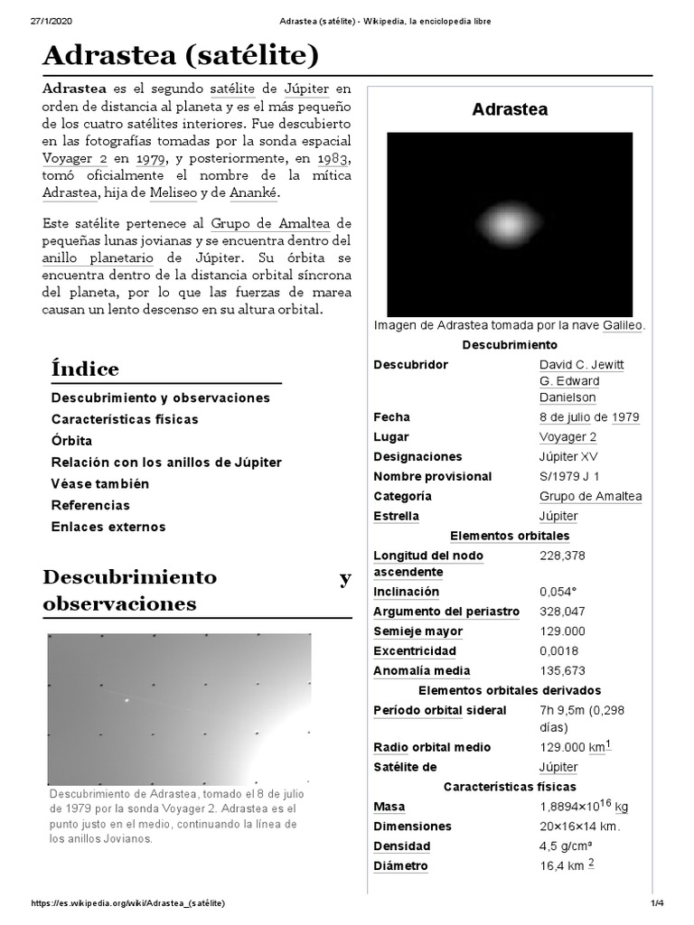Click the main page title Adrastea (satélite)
click(x=181, y=57)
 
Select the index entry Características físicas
click(x=125, y=419)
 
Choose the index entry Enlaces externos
click(x=108, y=527)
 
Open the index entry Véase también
click(x=100, y=483)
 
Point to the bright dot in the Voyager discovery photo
click(x=127, y=699)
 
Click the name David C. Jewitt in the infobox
click(x=581, y=364)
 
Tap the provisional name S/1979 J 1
click(x=569, y=476)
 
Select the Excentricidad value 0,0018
click(x=559, y=650)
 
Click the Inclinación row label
click(x=406, y=592)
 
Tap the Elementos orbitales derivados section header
click(x=510, y=690)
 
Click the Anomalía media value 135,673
click(x=562, y=670)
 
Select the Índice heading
click(x=85, y=369)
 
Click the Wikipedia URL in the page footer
click(x=127, y=903)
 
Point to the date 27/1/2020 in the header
click(x=51, y=22)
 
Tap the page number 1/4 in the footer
click(x=657, y=903)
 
